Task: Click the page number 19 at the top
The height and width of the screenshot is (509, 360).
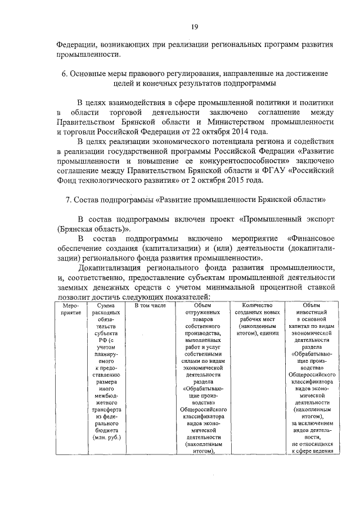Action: [194, 26]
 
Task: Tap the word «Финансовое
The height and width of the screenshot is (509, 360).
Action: [310, 238]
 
